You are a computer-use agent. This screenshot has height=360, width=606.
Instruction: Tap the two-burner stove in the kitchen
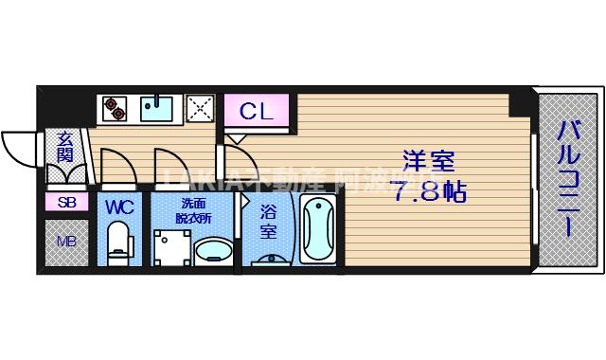pyautogui.click(x=114, y=109)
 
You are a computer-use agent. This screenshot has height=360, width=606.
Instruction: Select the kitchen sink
pyautogui.click(x=157, y=108)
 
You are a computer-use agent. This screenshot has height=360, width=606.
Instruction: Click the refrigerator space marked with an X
pyautogui.click(x=200, y=109)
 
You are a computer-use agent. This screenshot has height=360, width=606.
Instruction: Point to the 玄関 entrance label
pyautogui.click(x=64, y=148)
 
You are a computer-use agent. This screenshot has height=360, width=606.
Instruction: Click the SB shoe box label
pyautogui.click(x=65, y=202)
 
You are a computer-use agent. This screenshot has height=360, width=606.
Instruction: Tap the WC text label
pyautogui.click(x=118, y=206)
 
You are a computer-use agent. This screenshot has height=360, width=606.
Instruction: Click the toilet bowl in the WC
pyautogui.click(x=118, y=242)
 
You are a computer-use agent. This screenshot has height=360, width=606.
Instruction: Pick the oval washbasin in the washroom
pyautogui.click(x=213, y=251)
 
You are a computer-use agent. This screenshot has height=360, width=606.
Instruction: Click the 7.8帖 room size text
pyautogui.click(x=428, y=191)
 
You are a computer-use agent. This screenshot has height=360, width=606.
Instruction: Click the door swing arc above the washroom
pyautogui.click(x=170, y=165)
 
